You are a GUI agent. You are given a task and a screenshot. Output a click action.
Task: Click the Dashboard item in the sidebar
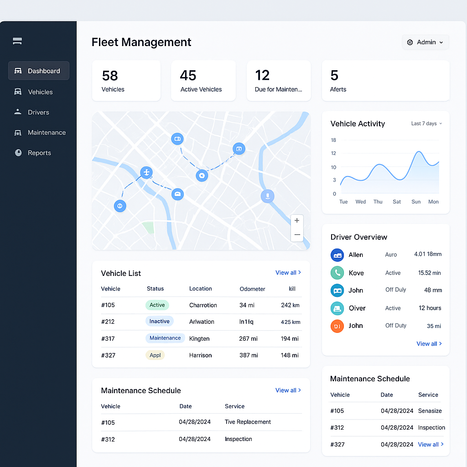coord(39,71)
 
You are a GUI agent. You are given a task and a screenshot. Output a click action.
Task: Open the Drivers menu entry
coord(38,112)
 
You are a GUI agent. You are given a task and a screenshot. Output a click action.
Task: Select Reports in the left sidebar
coord(39,153)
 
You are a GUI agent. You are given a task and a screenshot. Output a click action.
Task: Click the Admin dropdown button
coord(425,42)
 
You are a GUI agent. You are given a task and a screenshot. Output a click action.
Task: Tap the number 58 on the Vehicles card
coord(110,75)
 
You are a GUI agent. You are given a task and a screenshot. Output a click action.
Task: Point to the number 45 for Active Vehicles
coord(188,75)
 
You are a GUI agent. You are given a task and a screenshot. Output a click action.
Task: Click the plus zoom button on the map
coord(297,221)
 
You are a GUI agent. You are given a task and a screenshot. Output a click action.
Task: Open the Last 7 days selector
coord(426,124)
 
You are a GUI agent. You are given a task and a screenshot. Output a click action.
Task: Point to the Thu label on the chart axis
coord(378,202)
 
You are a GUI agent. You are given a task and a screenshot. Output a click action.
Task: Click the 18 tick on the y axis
coord(333,140)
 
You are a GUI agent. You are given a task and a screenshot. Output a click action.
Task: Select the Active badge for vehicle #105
coord(157,305)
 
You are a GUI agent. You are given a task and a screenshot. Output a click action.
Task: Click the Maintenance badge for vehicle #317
coord(165,338)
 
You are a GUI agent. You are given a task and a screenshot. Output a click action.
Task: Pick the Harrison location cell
coord(201,355)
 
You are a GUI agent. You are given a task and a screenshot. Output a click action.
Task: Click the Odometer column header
coord(252,289)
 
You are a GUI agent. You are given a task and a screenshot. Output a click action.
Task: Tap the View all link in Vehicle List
coord(288,273)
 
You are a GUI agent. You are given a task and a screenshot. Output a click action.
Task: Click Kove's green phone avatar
coord(337,273)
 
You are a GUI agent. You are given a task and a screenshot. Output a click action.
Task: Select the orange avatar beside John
coord(337,326)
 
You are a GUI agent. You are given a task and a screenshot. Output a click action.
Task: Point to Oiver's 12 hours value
coord(430,308)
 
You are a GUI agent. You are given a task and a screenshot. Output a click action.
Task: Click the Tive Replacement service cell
coord(248,422)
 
